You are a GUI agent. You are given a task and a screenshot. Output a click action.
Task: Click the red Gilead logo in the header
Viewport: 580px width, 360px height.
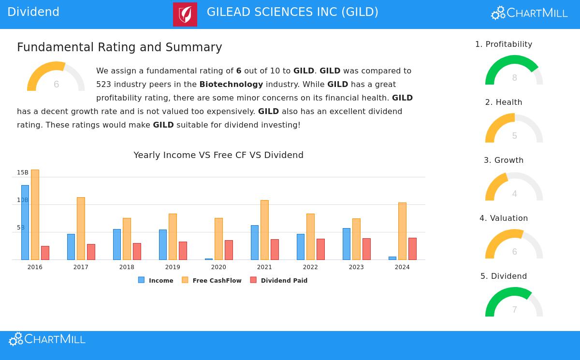[185, 14]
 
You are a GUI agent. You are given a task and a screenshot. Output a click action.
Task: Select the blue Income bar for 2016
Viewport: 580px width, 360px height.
[25, 222]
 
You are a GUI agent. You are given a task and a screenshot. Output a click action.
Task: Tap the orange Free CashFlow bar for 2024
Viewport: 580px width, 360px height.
[402, 231]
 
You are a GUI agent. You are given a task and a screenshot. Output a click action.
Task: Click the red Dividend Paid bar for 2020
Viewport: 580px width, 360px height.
[229, 250]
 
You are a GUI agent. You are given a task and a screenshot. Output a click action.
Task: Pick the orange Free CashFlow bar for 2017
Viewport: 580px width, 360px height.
[81, 228]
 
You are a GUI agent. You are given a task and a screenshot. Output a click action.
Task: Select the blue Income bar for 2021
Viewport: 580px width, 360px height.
[255, 242]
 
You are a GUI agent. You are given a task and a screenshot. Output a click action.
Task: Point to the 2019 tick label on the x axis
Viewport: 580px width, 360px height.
[173, 267]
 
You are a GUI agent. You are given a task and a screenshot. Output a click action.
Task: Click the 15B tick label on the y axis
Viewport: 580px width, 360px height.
[23, 173]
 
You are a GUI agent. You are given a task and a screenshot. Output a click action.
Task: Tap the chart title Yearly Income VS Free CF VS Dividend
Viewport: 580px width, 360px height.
[218, 155]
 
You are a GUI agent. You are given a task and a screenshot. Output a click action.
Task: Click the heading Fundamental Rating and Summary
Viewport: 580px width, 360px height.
[119, 47]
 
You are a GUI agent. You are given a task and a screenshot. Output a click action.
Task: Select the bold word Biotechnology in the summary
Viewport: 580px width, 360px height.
[231, 84]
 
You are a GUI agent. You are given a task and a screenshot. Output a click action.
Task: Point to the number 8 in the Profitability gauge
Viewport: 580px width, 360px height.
[514, 78]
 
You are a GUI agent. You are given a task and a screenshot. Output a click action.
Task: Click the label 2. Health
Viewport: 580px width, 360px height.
[504, 102]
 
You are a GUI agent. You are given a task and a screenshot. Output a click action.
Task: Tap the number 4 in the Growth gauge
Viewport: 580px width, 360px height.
[514, 194]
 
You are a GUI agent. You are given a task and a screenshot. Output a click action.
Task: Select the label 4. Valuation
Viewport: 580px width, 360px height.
[504, 218]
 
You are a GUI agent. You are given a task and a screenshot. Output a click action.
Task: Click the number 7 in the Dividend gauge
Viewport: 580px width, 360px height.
[514, 310]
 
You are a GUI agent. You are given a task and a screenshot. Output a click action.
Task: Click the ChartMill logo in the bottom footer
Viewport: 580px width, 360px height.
[47, 339]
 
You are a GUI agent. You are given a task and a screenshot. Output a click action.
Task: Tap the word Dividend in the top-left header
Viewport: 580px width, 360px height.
[33, 12]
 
